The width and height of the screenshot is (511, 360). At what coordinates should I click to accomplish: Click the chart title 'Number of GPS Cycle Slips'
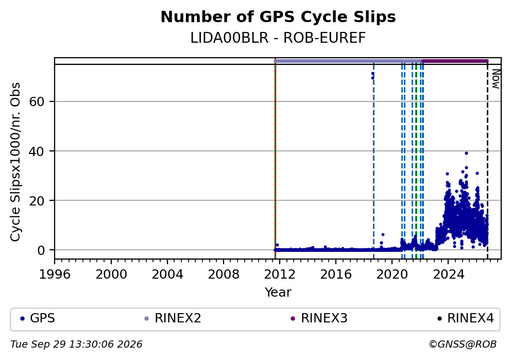(x=278, y=17)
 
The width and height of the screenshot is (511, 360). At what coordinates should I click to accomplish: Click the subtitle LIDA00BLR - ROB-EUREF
(x=278, y=38)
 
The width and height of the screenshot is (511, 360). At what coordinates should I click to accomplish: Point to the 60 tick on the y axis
(x=37, y=101)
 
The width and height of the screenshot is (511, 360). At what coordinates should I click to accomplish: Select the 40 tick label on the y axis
(x=37, y=151)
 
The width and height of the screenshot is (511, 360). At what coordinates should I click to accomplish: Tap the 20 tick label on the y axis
(x=37, y=201)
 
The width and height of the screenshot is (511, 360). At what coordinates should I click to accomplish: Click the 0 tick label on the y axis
(x=41, y=250)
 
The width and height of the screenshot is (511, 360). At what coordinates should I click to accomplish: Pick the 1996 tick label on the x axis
(x=55, y=275)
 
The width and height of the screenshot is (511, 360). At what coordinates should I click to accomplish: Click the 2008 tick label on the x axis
(x=223, y=275)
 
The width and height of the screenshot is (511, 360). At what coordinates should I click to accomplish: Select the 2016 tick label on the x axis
(x=336, y=275)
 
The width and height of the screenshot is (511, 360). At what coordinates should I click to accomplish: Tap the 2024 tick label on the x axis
(x=448, y=275)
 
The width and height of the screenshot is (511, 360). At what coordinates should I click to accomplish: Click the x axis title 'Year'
(x=278, y=292)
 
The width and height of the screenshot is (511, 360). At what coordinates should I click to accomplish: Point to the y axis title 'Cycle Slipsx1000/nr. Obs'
(x=15, y=162)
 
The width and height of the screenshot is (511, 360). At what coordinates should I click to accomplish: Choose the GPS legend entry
(x=38, y=318)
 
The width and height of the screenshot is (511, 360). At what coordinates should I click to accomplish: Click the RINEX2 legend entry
(x=173, y=318)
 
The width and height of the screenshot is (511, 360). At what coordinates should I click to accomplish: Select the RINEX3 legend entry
(x=319, y=318)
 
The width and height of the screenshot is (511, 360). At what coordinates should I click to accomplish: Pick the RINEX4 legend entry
(x=465, y=318)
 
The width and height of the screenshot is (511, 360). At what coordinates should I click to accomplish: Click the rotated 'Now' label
(x=496, y=79)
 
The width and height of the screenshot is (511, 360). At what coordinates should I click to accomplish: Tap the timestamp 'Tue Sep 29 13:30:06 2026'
(x=76, y=345)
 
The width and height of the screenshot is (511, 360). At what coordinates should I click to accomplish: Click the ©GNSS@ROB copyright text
(x=463, y=345)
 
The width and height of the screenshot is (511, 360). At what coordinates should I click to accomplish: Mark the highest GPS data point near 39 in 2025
(x=466, y=153)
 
